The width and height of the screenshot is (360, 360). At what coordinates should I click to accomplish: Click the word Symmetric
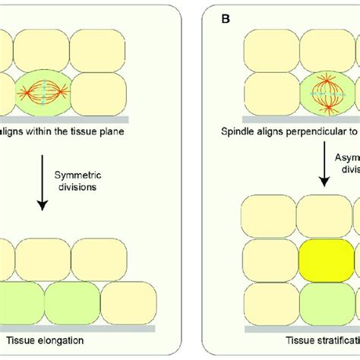77,174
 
